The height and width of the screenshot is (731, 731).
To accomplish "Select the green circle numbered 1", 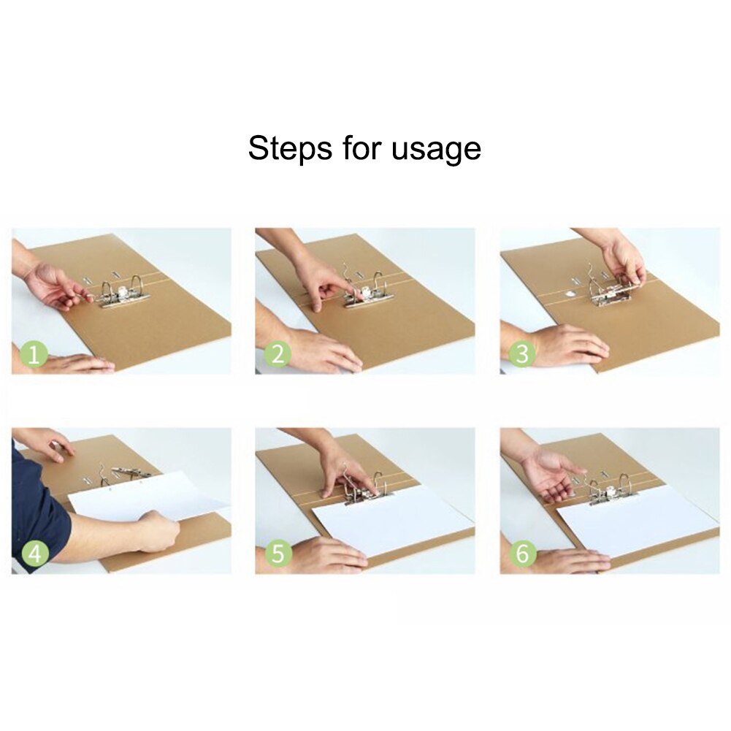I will click(x=34, y=356).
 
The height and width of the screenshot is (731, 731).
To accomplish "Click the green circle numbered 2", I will click(x=277, y=355).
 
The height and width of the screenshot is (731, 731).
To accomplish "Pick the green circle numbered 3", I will click(x=521, y=355).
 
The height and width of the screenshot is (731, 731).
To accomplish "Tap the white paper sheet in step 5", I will click(x=394, y=520).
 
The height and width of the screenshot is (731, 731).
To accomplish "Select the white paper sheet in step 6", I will click(x=635, y=520).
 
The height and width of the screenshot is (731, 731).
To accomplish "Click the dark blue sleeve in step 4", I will click(x=37, y=511).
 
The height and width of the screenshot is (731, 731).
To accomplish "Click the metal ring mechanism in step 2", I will click(x=369, y=292).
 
